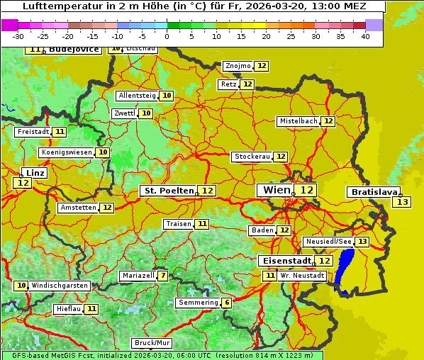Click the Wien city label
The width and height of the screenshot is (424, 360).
[x=277, y=190]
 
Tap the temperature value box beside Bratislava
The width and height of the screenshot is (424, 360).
[x=401, y=203]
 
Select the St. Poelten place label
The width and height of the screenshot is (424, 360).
[x=168, y=191]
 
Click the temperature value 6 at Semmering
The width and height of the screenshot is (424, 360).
[x=226, y=303]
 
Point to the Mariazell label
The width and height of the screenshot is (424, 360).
[x=138, y=276]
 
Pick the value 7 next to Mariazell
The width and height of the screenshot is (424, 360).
[x=163, y=276]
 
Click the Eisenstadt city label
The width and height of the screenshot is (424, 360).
[x=284, y=261]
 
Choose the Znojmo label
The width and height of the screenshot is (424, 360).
[x=238, y=66]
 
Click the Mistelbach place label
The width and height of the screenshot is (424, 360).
[x=298, y=121]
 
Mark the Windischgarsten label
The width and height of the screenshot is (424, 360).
[x=59, y=286]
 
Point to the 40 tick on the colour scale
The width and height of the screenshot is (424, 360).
[x=365, y=36]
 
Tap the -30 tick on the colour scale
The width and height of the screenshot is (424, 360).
[x=18, y=36]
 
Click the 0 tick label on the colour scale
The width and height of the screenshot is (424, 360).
[x=167, y=36]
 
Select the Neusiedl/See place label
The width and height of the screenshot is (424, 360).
[x=328, y=242]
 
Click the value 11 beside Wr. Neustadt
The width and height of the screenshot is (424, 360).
[x=269, y=276]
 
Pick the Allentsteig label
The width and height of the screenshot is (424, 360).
[x=137, y=96]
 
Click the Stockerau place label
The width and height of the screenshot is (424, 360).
[x=252, y=157]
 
